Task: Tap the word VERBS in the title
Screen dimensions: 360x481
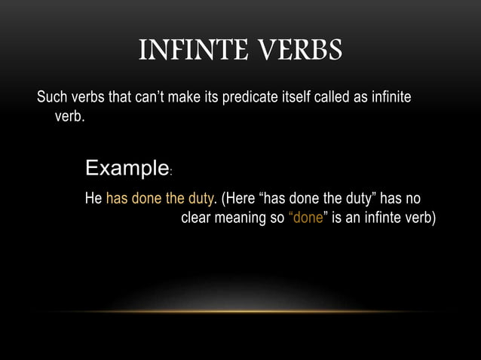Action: pos(302,51)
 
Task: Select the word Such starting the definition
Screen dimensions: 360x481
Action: pos(53,99)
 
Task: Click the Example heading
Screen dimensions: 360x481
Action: pos(127,166)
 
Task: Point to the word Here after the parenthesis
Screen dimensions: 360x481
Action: pos(240,199)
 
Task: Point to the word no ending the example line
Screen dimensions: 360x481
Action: pos(412,199)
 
